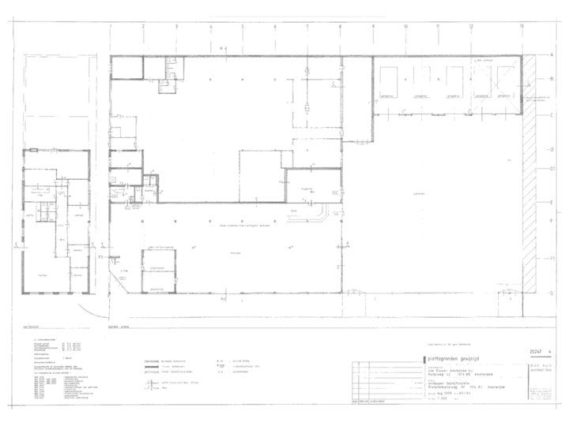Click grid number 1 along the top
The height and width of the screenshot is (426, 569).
(111, 26)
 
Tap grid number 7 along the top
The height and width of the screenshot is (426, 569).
(306, 26)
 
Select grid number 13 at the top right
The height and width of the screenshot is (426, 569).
(522, 26)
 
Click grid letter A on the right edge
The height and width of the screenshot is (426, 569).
(551, 54)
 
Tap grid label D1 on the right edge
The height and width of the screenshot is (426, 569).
(552, 168)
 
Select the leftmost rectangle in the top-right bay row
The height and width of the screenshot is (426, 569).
(388, 80)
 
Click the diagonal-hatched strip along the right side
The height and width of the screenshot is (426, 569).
(530, 174)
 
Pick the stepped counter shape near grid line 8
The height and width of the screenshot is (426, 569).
(319, 214)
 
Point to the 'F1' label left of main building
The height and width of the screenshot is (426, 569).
(100, 257)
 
